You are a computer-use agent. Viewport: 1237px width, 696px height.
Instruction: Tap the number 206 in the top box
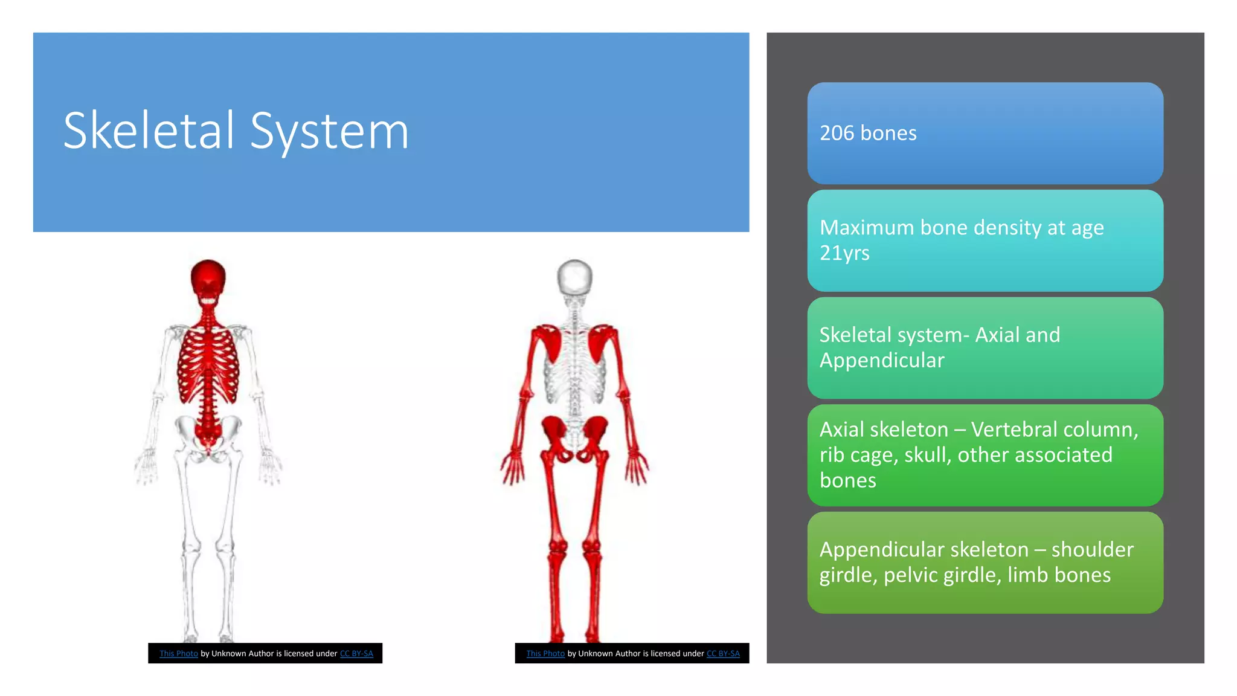click(837, 133)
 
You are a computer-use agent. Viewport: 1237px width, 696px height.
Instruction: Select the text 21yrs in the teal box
click(844, 253)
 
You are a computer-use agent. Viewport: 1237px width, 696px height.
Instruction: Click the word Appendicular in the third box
click(881, 360)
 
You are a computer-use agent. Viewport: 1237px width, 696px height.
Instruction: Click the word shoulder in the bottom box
click(1092, 549)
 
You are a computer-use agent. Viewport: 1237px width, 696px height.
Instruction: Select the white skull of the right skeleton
click(574, 278)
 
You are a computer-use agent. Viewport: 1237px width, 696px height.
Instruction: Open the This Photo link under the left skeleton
click(179, 654)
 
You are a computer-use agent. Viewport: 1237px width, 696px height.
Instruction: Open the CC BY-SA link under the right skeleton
click(723, 654)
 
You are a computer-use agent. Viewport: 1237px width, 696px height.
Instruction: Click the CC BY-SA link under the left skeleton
click(356, 654)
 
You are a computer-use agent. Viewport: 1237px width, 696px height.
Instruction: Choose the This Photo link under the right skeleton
click(545, 654)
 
